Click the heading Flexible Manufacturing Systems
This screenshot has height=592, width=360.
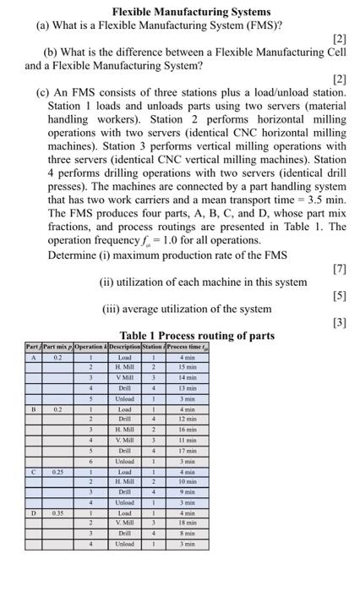[192, 11]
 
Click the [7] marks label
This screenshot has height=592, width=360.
[341, 269]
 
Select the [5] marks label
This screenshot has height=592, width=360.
[341, 296]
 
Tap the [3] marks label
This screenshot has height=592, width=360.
[341, 321]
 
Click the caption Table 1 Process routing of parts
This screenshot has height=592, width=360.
[197, 335]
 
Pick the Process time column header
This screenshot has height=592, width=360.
[188, 347]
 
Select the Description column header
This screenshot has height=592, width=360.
[124, 347]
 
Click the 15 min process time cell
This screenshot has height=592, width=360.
[188, 367]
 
